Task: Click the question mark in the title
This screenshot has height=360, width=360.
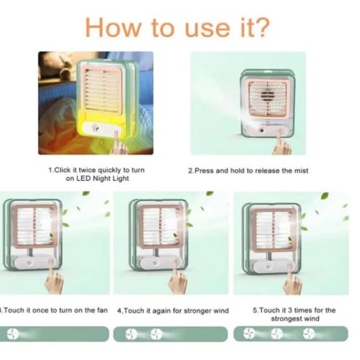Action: tap(261, 27)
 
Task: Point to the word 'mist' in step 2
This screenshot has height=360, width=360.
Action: tap(302, 171)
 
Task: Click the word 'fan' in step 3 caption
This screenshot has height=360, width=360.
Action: tap(102, 310)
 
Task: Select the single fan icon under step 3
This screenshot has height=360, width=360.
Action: tap(12, 334)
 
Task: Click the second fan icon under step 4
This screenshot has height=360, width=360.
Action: tap(156, 334)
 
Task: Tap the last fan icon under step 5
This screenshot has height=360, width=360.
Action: tap(309, 334)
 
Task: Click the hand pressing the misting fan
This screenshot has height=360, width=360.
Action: tap(282, 144)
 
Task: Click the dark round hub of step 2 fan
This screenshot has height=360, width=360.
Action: tap(267, 96)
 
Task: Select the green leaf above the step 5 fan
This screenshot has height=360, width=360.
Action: tap(324, 196)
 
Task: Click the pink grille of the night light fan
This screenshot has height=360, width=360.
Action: tap(102, 90)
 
